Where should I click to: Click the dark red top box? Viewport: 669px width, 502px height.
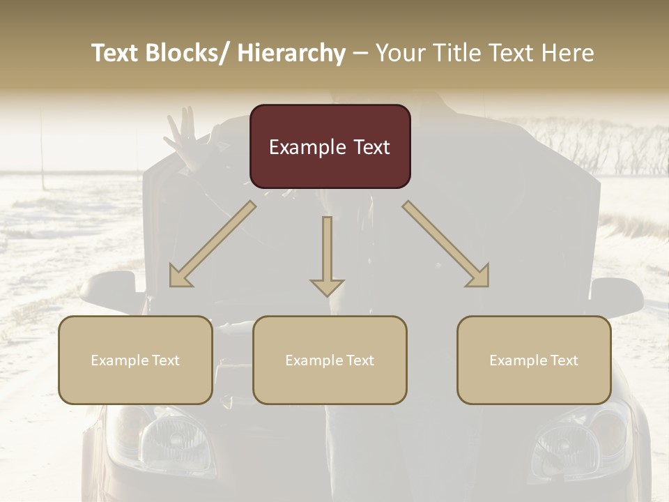coord(330,146)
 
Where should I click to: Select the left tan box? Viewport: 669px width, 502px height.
coord(135,360)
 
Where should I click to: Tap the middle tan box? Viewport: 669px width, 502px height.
coord(330,360)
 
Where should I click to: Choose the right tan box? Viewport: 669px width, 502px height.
coord(534,360)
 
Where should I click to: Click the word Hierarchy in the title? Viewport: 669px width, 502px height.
coord(291,53)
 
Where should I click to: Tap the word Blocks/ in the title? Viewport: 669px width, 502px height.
coord(184,53)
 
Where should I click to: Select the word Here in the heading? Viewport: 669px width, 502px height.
coord(569,53)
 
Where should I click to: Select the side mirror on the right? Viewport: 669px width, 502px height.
coord(616,293)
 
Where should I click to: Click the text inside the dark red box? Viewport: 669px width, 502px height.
coord(330,147)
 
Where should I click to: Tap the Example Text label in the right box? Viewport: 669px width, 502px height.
coord(534,360)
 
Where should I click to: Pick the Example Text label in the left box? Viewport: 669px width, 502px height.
coord(135,360)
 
